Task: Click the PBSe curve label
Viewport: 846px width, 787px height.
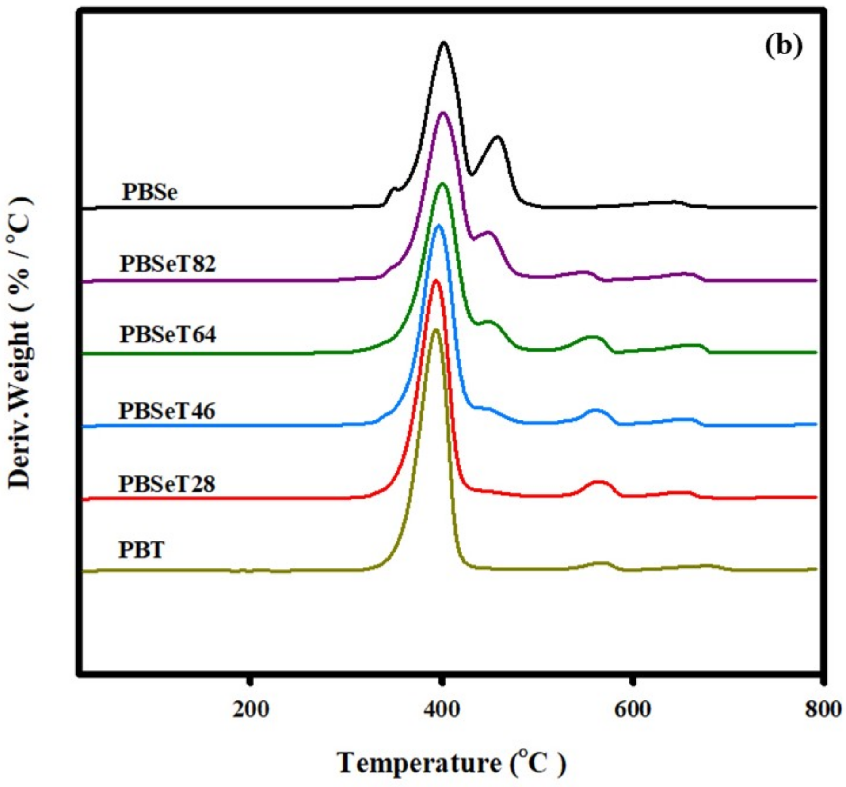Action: pyautogui.click(x=149, y=193)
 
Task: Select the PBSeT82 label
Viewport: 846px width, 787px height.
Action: pyautogui.click(x=168, y=264)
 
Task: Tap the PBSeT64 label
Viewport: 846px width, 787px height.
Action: pyautogui.click(x=168, y=335)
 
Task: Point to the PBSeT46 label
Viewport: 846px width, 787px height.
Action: pyautogui.click(x=167, y=411)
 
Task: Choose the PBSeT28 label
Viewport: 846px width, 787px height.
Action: pyautogui.click(x=167, y=484)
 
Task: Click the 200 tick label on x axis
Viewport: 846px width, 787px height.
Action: pyautogui.click(x=251, y=710)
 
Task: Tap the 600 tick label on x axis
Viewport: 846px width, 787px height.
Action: pyautogui.click(x=633, y=710)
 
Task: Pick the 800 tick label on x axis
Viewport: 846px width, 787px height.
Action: pyautogui.click(x=823, y=710)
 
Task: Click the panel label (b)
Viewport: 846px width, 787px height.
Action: pyautogui.click(x=784, y=46)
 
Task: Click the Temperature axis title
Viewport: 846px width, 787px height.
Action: pyautogui.click(x=451, y=763)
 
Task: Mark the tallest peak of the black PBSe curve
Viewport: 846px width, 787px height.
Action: pyautogui.click(x=444, y=43)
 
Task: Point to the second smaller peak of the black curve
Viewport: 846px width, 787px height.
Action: pyautogui.click(x=498, y=137)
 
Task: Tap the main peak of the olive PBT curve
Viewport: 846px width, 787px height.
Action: pyautogui.click(x=436, y=329)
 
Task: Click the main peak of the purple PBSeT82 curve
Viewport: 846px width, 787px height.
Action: pyautogui.click(x=443, y=113)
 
